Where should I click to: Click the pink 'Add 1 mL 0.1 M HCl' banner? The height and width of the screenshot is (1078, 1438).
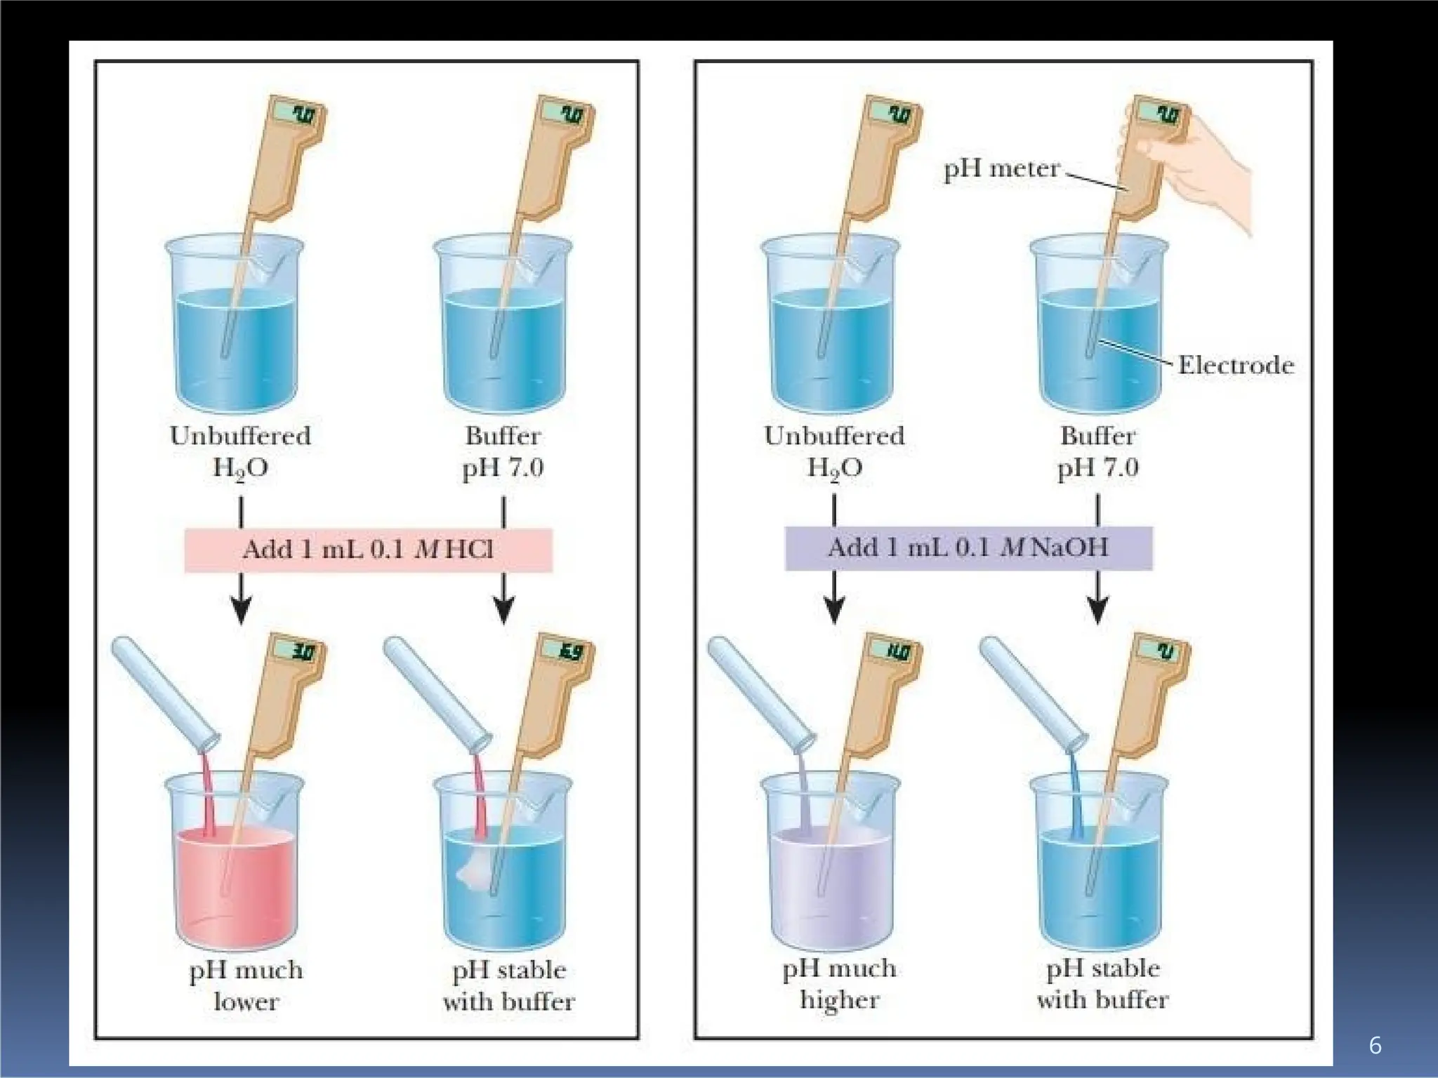(368, 550)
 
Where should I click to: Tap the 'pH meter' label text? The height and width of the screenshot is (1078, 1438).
(1001, 169)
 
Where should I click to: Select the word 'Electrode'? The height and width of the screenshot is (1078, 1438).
(1235, 365)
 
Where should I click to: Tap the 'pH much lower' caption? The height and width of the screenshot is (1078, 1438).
(246, 985)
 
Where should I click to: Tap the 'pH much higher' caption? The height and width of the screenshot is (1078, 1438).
(839, 984)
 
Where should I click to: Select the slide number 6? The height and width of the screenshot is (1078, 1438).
(1375, 1046)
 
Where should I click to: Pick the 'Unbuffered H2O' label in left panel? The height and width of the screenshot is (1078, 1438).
(240, 451)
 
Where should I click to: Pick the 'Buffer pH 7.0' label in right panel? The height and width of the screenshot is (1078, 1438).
(1097, 451)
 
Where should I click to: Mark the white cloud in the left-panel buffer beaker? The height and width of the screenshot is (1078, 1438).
(475, 870)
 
